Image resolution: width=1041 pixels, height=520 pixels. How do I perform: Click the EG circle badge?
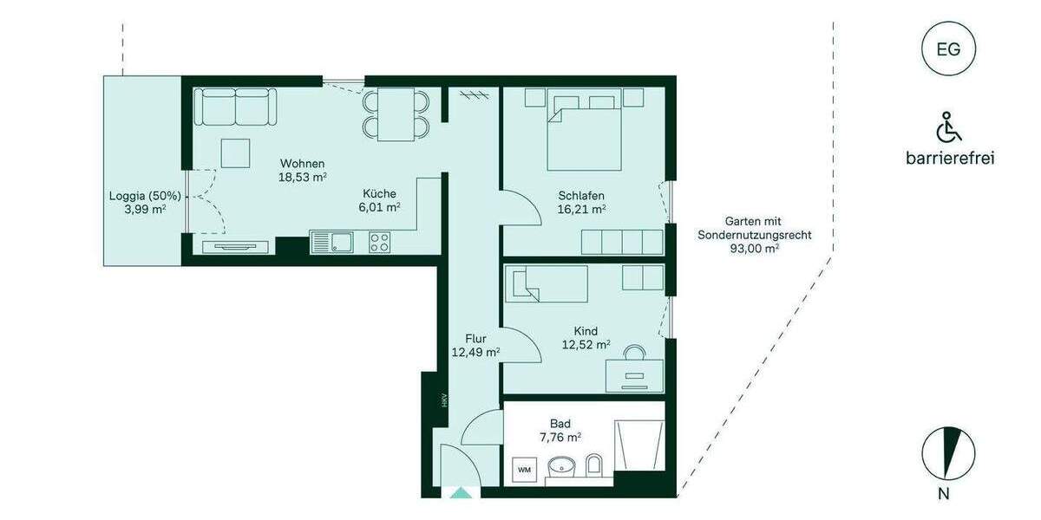click(948, 49)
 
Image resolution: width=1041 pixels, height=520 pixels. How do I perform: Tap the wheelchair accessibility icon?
click(948, 128)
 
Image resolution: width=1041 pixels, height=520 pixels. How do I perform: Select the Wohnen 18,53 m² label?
click(302, 170)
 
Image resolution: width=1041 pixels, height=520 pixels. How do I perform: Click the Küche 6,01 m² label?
click(380, 200)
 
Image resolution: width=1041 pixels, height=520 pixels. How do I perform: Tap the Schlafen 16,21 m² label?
click(581, 202)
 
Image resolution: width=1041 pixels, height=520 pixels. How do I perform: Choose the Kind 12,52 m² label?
click(586, 337)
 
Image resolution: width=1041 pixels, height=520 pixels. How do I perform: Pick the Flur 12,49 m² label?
click(475, 345)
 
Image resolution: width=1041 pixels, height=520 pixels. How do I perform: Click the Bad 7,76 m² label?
click(560, 430)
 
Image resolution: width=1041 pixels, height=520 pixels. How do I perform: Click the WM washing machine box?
click(525, 469)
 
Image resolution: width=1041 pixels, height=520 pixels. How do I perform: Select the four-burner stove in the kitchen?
click(380, 242)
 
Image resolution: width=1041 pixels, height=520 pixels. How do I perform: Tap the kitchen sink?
click(332, 243)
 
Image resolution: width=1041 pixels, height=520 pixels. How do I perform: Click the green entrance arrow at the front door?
click(461, 492)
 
